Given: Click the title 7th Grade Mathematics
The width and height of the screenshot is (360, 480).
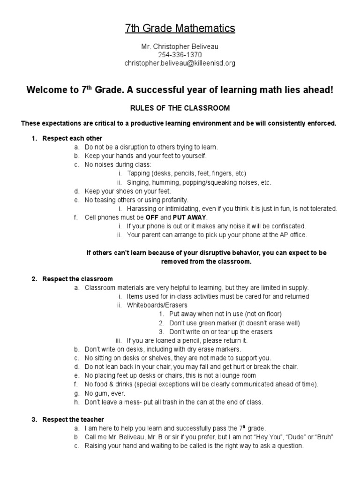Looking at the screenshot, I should (180, 29).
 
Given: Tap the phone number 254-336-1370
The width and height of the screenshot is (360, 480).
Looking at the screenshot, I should (180, 55).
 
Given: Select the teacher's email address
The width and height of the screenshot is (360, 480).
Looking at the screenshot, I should (180, 63).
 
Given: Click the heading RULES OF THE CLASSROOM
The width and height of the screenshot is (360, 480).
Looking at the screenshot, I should (180, 108).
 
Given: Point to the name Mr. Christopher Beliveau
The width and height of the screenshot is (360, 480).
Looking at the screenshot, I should (180, 47).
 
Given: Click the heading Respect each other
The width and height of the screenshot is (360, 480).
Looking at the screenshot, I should (72, 138).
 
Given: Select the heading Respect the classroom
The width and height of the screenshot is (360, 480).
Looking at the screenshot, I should (77, 279).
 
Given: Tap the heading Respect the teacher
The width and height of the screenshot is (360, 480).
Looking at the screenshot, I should (73, 420).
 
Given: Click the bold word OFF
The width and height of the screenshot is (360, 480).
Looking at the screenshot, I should (151, 217).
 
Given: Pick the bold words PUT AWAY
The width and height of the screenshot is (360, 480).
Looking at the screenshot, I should (189, 217).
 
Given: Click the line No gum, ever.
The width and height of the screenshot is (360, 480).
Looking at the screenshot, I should (105, 393).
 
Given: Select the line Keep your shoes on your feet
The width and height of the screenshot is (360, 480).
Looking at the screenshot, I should (127, 191).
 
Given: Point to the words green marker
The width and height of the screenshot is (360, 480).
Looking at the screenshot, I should (224, 323).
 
